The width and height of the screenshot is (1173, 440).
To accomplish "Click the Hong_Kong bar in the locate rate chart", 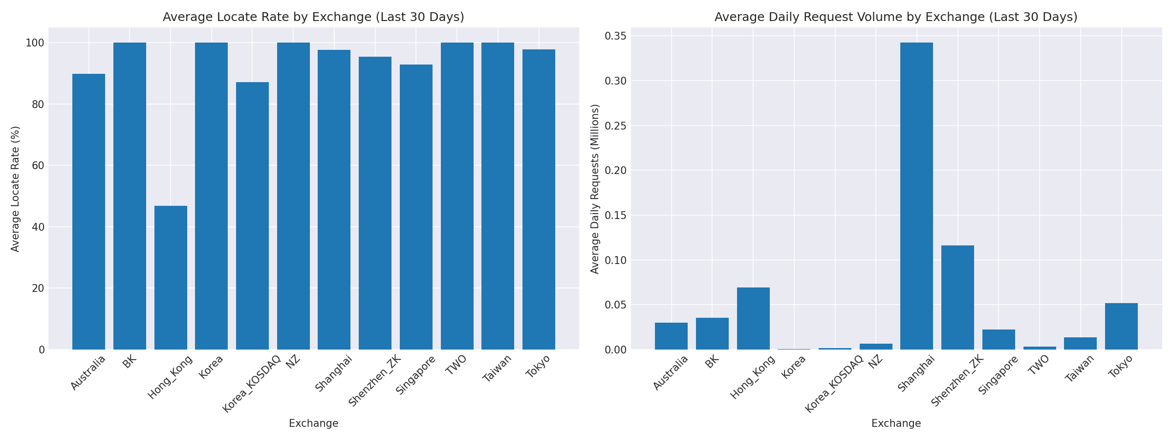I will (x=171, y=278).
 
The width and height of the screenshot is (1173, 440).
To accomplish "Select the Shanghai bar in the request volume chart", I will (x=916, y=196).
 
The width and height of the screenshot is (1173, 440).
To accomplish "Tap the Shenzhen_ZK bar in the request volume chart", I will (x=957, y=297).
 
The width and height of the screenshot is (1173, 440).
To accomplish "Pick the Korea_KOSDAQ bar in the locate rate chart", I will (x=252, y=216).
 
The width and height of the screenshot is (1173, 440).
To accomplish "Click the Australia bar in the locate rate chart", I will (x=88, y=212).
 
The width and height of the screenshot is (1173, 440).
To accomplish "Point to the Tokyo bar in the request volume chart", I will (x=1121, y=326).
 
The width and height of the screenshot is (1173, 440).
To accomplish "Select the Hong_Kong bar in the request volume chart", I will (x=753, y=318).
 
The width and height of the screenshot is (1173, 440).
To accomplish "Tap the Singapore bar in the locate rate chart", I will (x=416, y=207).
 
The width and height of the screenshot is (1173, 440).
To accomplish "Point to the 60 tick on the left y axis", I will (x=38, y=166).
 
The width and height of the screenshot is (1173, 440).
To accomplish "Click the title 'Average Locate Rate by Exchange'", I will (x=313, y=17).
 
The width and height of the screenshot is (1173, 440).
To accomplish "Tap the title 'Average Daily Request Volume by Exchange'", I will (x=896, y=17).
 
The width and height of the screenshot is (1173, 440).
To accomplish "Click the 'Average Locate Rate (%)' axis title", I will (x=15, y=189).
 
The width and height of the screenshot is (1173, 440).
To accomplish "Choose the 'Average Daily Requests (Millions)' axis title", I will (x=595, y=189).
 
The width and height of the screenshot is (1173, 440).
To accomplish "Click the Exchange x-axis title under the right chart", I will (x=896, y=423).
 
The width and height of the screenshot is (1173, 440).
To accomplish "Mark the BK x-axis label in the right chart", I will (x=712, y=362).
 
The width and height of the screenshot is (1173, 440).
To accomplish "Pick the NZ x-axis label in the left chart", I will (x=293, y=362).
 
